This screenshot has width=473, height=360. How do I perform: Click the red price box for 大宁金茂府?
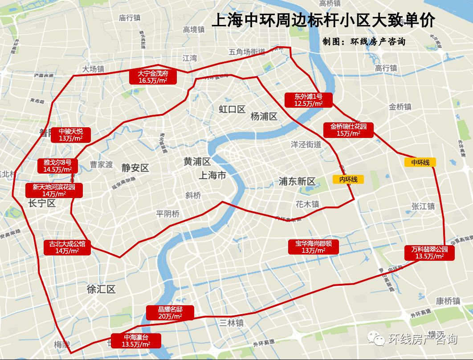pos(152,77)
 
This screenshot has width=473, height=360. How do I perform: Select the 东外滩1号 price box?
pos(308,100)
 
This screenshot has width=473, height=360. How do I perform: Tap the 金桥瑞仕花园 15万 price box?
pos(348,129)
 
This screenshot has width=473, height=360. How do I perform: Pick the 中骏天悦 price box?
pos(70,134)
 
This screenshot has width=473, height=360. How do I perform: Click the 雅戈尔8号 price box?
pos(57,166)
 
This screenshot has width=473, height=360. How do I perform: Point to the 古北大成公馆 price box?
pos(67,247)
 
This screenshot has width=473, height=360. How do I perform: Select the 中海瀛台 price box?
pos(136,340)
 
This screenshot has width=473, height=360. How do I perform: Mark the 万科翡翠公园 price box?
pos(429,253)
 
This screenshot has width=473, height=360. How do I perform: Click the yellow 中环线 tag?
pos(420,162)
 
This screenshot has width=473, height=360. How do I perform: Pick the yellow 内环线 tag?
pos(348,179)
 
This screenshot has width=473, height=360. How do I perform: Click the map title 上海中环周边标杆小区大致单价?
pos(323,21)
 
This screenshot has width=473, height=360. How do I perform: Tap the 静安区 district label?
pos(135,168)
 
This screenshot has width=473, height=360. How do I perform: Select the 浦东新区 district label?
pos(297,181)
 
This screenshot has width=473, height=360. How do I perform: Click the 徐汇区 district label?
pos(101,289)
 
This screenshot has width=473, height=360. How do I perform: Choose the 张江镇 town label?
pos(423,206)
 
